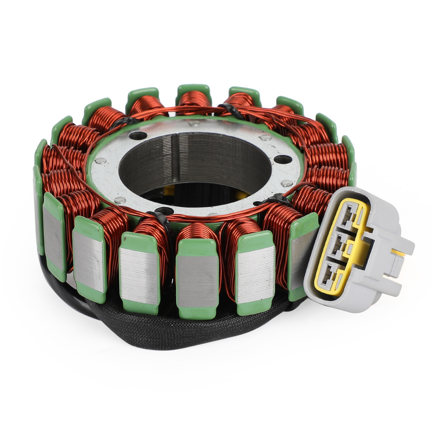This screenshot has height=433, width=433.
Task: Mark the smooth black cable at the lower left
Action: coord(68,298)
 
